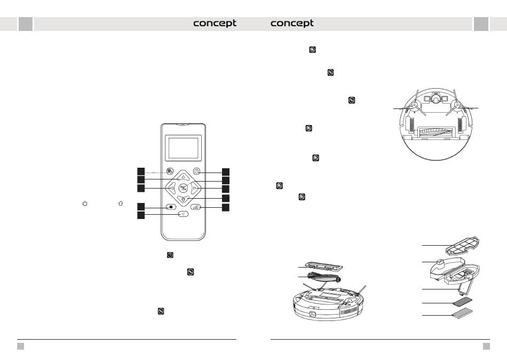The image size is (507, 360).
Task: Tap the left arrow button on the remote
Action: coord(171,188)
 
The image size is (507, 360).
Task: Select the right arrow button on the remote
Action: coord(195,188)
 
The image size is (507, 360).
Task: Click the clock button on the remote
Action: coord(197,171)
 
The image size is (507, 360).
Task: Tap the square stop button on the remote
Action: coord(169,207)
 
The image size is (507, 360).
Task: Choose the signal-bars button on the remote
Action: coord(197,207)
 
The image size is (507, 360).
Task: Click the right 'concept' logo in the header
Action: coord(292,24)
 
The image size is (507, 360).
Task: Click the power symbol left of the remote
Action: coord(84,204)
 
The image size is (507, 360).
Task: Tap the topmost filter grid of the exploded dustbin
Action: coord(462,245)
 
